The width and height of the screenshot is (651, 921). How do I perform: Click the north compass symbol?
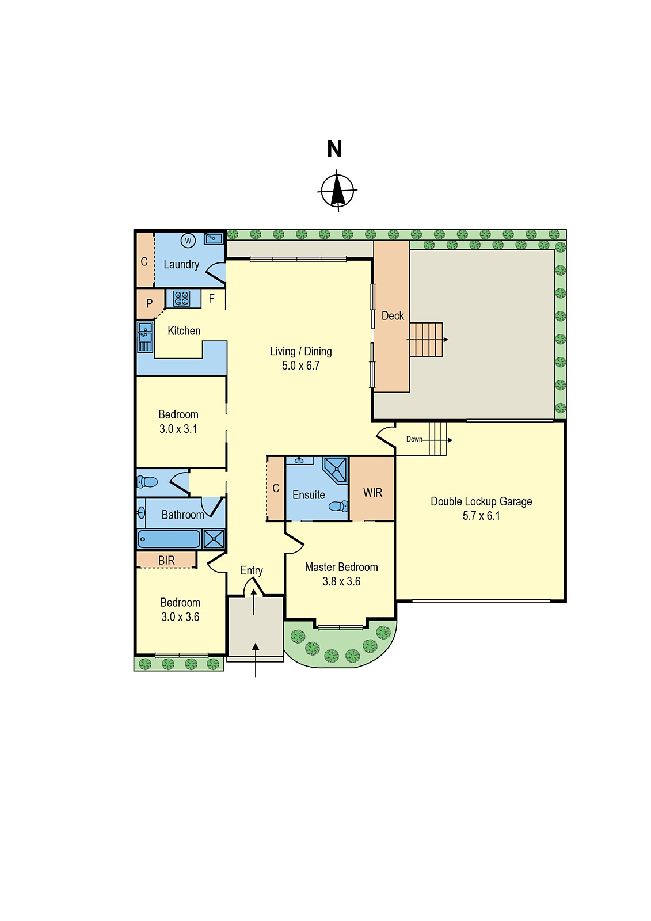[x=337, y=191]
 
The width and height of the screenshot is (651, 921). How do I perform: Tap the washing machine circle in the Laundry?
[x=188, y=241]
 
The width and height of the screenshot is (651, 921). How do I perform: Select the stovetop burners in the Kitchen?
[x=182, y=298]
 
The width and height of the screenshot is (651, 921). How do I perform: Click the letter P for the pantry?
[x=149, y=304]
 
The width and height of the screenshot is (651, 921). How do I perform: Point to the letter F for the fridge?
[x=212, y=299]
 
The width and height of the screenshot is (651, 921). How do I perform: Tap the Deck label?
[x=393, y=316]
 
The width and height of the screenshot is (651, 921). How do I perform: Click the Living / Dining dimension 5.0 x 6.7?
[x=300, y=366]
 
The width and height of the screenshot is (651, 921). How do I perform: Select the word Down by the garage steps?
[x=414, y=439]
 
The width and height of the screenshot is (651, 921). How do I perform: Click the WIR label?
[x=372, y=493]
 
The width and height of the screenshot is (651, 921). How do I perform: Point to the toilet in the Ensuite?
[x=338, y=507]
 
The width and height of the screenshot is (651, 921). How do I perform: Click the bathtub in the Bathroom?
[x=169, y=539]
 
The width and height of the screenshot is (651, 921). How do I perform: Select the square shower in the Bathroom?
[x=214, y=539]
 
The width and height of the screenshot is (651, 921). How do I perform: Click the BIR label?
[x=166, y=560]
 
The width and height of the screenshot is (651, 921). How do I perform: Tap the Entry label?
[x=251, y=570]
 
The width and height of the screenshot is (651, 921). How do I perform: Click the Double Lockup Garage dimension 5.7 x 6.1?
[x=481, y=516]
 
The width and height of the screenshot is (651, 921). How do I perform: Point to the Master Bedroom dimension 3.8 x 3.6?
[x=341, y=582]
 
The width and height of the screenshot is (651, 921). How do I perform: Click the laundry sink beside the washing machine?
[x=213, y=238]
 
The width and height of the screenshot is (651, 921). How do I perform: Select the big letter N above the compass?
[x=334, y=149]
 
